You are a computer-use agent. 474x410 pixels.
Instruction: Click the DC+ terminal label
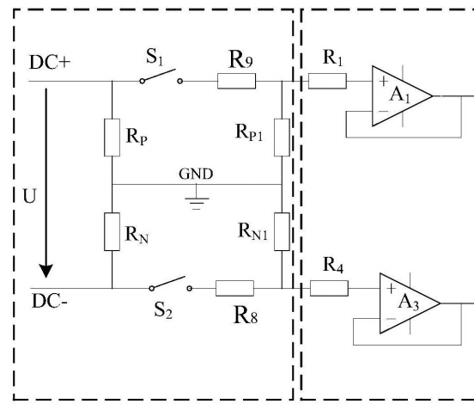[50, 63]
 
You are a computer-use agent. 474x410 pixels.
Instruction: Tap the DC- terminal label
[50, 301]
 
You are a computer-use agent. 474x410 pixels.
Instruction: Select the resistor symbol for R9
[236, 81]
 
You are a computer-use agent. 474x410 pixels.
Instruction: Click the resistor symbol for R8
[235, 288]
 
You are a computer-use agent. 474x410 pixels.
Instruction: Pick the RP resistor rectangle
[112, 138]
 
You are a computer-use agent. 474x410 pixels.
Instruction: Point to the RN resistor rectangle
[112, 232]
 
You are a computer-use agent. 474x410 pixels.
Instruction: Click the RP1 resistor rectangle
[282, 138]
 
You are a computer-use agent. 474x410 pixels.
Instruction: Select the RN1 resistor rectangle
[282, 232]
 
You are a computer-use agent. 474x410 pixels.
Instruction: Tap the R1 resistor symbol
[327, 81]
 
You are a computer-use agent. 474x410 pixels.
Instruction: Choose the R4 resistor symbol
[329, 288]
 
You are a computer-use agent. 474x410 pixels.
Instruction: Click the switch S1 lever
[158, 75]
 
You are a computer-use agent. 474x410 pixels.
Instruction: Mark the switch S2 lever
[168, 282]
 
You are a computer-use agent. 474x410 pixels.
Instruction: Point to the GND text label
[196, 174]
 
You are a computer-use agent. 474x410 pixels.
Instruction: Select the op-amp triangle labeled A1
[402, 96]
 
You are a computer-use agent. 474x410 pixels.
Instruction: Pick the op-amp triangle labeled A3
[410, 303]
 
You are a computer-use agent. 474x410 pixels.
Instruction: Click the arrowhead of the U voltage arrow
[46, 271]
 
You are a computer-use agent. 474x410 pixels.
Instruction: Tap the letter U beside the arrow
[29, 196]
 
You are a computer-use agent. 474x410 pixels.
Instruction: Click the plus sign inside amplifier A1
[383, 81]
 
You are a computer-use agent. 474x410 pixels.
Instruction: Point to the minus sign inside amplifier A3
[391, 319]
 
